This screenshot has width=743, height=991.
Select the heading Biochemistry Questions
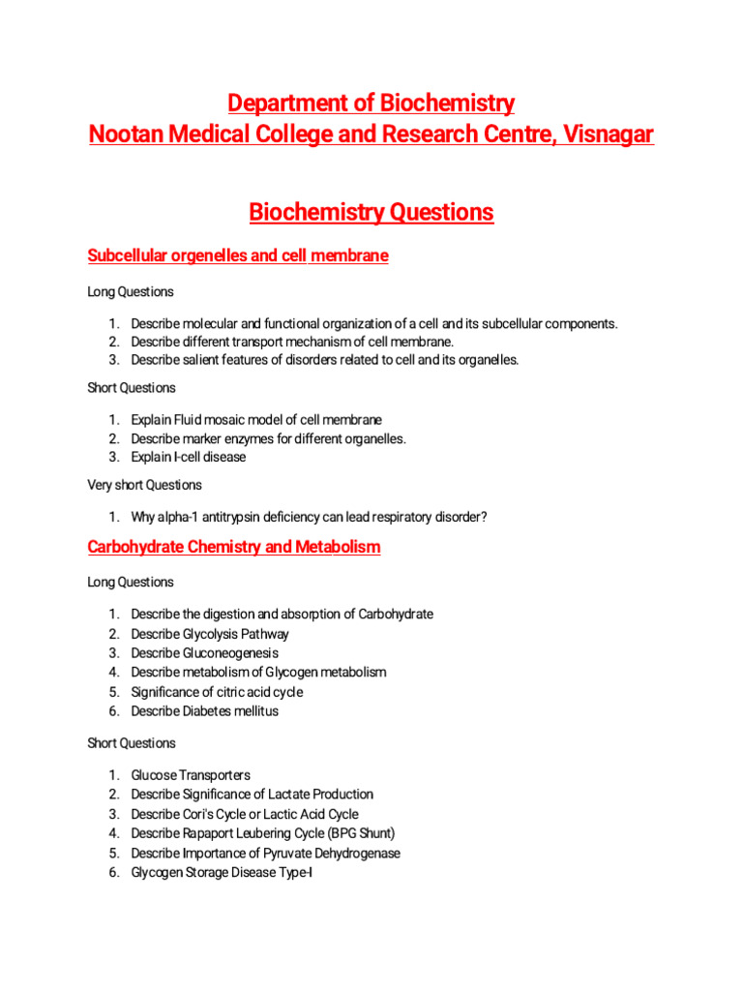[371, 212]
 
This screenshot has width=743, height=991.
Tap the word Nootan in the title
[123, 134]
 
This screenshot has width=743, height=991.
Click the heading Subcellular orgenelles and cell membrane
[238, 255]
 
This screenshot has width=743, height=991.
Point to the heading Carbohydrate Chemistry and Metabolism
[234, 547]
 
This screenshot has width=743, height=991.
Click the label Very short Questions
[145, 485]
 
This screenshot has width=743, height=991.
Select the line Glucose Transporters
[191, 775]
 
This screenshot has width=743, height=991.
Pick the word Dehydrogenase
[355, 853]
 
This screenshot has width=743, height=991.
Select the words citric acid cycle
[253, 692]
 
